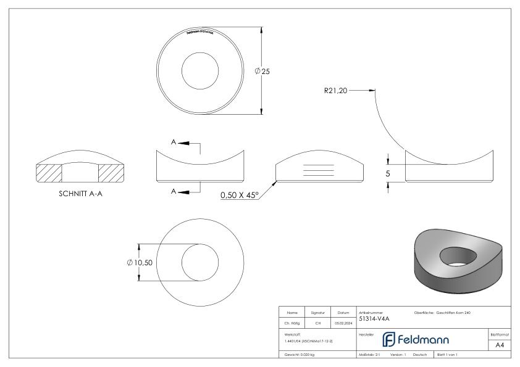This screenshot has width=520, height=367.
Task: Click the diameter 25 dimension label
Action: pyautogui.click(x=262, y=72)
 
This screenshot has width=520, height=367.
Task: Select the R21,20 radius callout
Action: pyautogui.click(x=336, y=90)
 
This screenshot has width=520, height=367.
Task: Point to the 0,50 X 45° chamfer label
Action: pyautogui.click(x=238, y=196)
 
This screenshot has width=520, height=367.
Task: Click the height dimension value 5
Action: pyautogui.click(x=388, y=174)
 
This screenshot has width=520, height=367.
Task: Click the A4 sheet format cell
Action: pyautogui.click(x=499, y=345)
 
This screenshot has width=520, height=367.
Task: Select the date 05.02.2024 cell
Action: pyautogui.click(x=343, y=321)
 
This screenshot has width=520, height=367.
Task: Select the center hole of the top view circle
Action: pyautogui.click(x=200, y=71)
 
